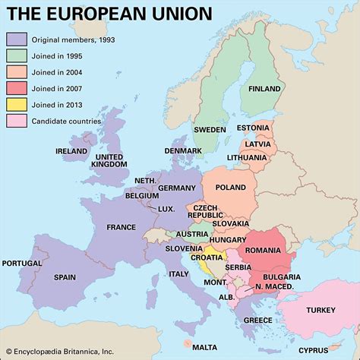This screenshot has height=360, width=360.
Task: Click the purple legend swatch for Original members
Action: [16, 39]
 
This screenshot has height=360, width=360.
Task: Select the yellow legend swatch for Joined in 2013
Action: [16, 103]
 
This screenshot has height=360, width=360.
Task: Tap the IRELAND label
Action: [71, 151]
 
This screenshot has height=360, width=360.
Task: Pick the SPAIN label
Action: [65, 278]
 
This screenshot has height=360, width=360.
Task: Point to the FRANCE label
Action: [121, 227]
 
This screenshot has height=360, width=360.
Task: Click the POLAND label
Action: [231, 187]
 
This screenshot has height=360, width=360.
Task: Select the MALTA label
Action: [204, 346]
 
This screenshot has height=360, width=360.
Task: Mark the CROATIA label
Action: [185, 257]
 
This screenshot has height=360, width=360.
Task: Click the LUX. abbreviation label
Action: [166, 209]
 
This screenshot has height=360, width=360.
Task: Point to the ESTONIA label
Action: [253, 128]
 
